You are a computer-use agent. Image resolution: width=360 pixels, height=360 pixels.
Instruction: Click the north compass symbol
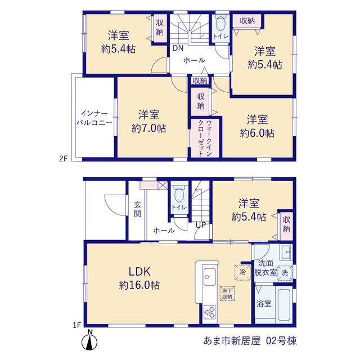point(89,341)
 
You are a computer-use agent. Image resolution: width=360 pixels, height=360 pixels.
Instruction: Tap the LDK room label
point(139,272)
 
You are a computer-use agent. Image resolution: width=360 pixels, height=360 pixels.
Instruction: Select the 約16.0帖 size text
point(139,285)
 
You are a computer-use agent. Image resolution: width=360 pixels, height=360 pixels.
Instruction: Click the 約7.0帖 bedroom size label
point(148,128)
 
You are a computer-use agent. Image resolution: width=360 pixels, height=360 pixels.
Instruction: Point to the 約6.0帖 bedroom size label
point(257,133)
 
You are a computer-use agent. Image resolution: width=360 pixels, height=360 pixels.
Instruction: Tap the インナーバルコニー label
point(94,118)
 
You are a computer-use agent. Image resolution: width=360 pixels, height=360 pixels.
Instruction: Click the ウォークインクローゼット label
point(205,138)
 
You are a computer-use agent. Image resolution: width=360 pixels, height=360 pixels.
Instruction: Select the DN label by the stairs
point(178,48)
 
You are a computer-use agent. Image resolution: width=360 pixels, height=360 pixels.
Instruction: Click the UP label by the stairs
point(201,225)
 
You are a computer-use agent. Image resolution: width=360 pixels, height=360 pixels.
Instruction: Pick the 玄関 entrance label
point(137,209)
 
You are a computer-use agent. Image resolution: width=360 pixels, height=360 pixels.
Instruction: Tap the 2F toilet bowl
point(220,24)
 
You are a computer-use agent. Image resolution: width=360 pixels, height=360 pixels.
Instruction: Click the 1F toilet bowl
point(179,195)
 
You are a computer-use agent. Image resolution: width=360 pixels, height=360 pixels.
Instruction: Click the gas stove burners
point(210,313)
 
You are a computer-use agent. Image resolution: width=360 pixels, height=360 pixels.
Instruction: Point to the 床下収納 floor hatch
point(227,294)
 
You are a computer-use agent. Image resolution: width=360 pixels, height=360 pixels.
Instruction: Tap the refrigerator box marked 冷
point(242,272)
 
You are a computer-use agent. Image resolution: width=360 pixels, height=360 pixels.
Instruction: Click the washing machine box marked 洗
point(285,273)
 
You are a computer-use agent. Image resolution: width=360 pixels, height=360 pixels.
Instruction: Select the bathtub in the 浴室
point(284,305)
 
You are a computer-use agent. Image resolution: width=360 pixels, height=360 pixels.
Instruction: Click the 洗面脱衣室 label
point(265,268)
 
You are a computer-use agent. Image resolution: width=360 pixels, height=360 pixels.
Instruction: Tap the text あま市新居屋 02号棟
point(250,341)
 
